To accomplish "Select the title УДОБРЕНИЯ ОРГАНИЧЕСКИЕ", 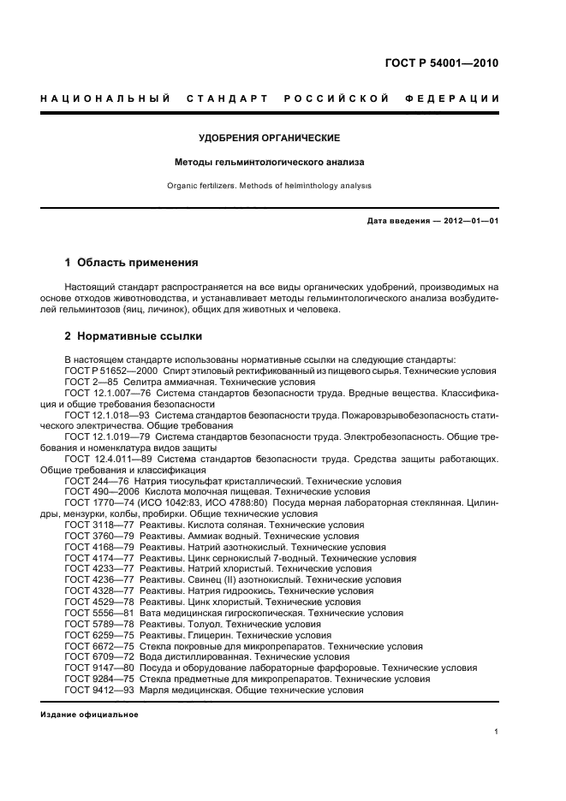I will pos(270,138).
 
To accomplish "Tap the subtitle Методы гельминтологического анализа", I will pos(270,161).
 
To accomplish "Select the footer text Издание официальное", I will pos(89,714).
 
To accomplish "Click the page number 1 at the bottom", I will pos(497,733).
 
